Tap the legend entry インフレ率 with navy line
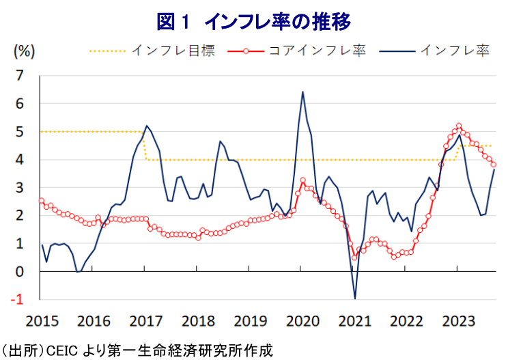coord(455,51)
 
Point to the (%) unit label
coord(24,50)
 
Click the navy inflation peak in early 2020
coord(302,92)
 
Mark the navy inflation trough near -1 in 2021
coord(355,298)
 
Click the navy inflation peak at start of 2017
coord(146,126)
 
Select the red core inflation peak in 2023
coord(458,126)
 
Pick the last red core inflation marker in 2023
coord(494,164)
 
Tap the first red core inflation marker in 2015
coord(42,201)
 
